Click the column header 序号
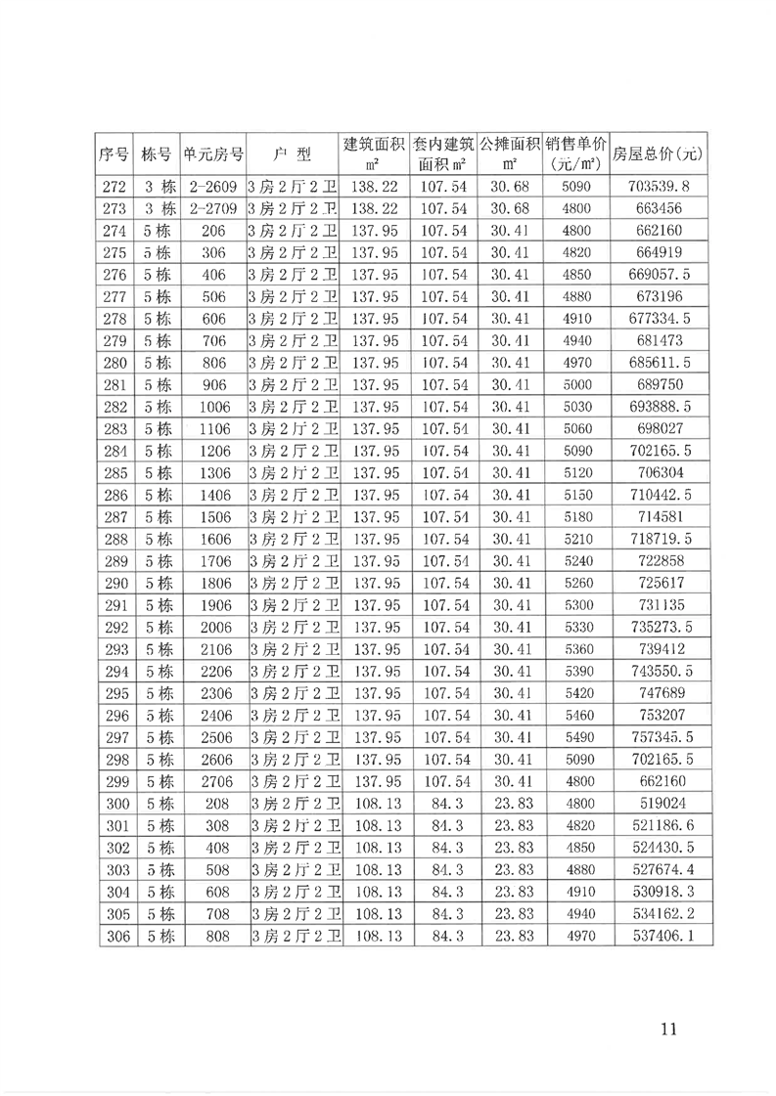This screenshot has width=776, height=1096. coord(115,153)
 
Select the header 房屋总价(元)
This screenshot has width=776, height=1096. coord(658,153)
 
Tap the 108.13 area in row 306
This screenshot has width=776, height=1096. coord(376,936)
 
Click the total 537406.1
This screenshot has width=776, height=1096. coord(658,936)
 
